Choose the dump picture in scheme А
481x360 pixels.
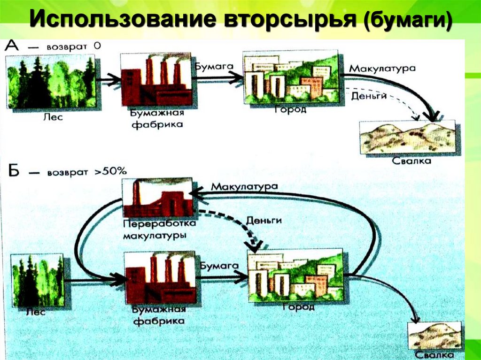coord(407,137)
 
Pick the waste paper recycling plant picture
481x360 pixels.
coord(157,197)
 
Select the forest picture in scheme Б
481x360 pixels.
coord(38,280)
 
